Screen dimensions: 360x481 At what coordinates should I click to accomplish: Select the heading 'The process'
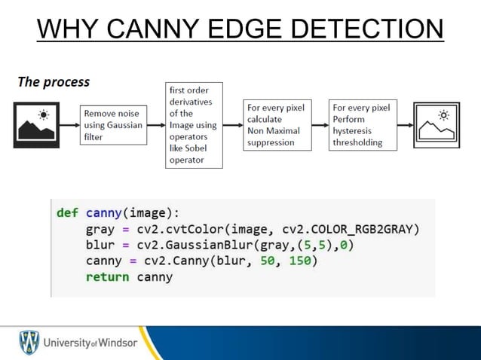coord(54,81)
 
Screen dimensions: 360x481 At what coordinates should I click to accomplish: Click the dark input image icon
coord(36,125)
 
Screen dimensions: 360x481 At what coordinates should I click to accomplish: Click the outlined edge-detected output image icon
coord(436,125)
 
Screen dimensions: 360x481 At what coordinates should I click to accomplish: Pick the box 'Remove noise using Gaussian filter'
coord(112,125)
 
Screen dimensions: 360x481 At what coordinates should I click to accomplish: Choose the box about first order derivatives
coord(194,125)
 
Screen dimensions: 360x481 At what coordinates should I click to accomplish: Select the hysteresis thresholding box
coord(362,125)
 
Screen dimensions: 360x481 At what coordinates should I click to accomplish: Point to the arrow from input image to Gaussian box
coord(69,125)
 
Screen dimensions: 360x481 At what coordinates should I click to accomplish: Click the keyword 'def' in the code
coord(67,212)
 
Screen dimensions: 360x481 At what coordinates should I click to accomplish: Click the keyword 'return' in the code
coord(107,277)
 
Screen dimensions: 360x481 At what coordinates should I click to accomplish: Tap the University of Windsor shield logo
coord(29,343)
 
